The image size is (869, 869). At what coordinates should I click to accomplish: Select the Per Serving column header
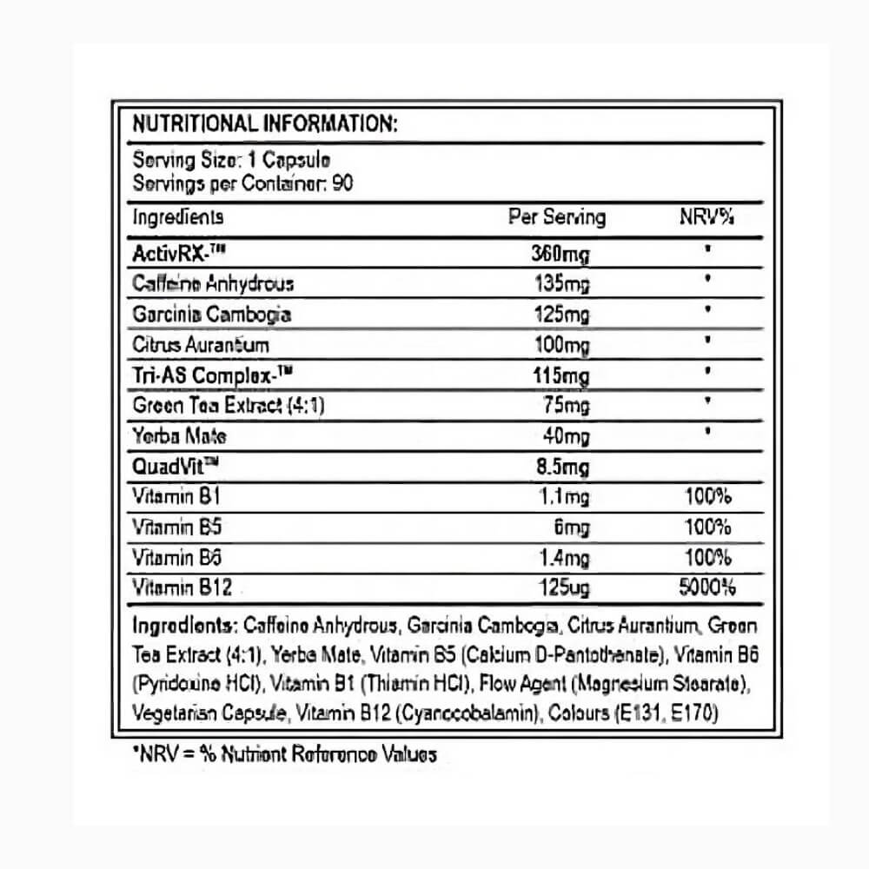[x=556, y=216]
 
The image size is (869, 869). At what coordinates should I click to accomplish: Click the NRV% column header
[x=706, y=216]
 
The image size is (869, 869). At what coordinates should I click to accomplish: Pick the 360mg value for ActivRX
[x=560, y=255]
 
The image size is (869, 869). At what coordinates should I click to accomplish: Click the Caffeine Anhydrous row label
[x=213, y=283]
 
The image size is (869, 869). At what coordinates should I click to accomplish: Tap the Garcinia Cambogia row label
[x=211, y=314]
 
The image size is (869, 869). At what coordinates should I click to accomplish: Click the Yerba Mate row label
[x=179, y=436]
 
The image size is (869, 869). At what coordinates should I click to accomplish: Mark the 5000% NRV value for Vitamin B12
[x=706, y=588]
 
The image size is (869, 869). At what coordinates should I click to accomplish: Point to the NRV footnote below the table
[x=283, y=754]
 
